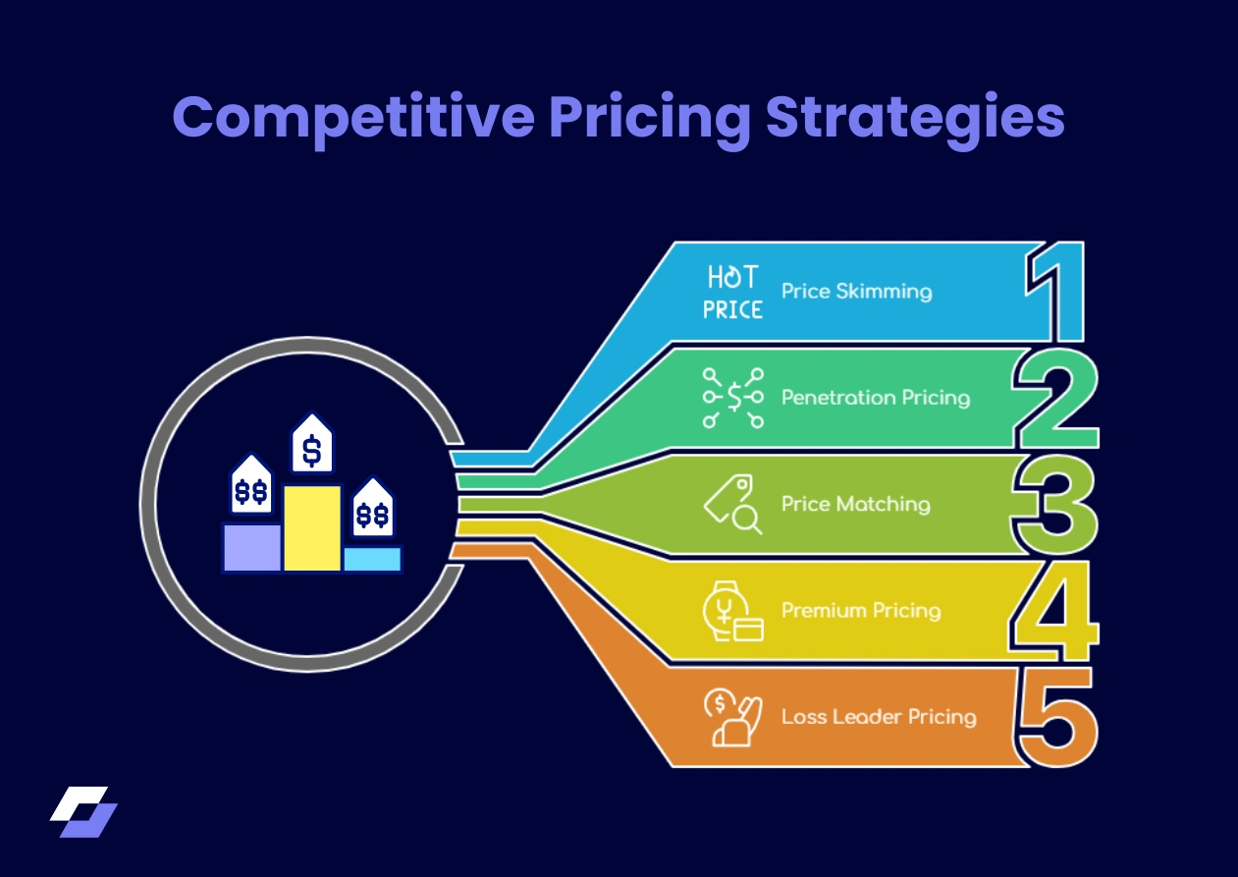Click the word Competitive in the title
click(353, 118)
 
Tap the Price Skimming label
click(856, 292)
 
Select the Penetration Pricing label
click(875, 398)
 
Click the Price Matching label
click(855, 504)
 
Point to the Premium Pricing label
click(860, 610)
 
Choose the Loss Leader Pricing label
click(879, 716)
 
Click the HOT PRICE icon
click(732, 293)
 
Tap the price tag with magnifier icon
click(733, 505)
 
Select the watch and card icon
click(733, 611)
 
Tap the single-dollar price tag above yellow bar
click(312, 447)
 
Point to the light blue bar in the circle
click(372, 559)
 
